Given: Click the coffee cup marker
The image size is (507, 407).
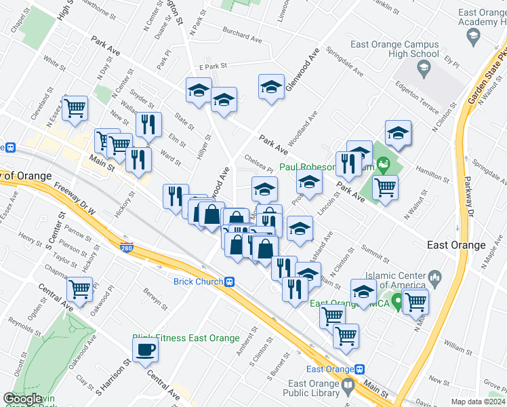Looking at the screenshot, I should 146,351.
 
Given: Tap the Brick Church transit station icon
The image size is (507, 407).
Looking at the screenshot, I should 230,282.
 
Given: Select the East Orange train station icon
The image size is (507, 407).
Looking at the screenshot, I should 360,369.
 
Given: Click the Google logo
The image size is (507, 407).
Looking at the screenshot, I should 22,400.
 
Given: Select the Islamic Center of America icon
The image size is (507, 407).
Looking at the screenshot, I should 434,276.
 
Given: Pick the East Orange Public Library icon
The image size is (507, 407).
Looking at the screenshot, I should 348,385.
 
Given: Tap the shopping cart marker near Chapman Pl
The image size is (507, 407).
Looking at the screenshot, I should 80,289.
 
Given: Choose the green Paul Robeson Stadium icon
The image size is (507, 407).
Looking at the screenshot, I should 384,164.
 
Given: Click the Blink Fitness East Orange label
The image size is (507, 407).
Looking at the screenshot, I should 186,338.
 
